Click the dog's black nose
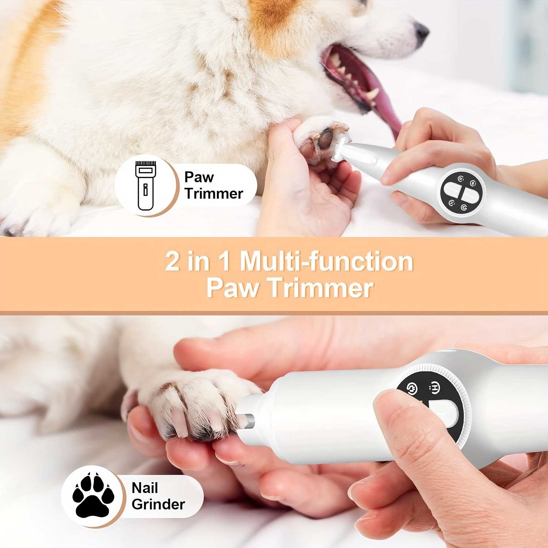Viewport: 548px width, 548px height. (422, 32)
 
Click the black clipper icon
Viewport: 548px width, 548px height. (145, 186)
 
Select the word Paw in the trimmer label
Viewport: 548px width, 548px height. (199, 177)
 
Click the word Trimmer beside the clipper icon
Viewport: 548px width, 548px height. (214, 194)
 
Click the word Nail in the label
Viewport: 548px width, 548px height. (145, 488)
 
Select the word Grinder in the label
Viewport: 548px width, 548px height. (158, 505)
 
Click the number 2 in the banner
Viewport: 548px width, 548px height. (173, 261)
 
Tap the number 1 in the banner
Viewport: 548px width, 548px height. (224, 261)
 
